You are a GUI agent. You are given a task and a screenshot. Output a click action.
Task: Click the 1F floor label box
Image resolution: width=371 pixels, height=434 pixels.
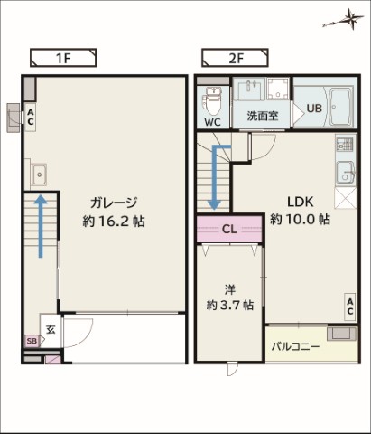(x=63, y=58)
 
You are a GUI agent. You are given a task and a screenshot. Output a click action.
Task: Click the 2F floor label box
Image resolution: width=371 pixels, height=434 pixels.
(x=235, y=58)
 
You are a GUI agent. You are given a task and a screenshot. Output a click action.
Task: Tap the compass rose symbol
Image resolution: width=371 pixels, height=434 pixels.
(x=346, y=20)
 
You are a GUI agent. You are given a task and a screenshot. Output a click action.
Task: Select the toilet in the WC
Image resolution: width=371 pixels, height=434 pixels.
(x=213, y=101)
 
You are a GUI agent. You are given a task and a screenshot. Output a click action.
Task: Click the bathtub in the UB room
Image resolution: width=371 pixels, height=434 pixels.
(x=341, y=108)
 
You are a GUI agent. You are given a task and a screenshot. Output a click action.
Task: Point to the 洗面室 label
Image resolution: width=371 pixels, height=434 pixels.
(x=263, y=116)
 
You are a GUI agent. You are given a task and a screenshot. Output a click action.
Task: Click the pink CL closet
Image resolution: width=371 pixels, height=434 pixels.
(x=229, y=229)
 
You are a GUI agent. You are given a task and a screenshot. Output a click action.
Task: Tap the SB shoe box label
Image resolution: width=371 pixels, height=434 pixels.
(x=32, y=341)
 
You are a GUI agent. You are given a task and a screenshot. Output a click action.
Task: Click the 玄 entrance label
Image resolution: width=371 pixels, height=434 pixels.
(x=51, y=330)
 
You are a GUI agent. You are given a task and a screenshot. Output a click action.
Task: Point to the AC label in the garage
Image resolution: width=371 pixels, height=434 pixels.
(x=31, y=117)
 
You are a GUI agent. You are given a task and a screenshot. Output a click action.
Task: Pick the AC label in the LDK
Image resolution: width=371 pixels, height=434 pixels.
(x=349, y=307)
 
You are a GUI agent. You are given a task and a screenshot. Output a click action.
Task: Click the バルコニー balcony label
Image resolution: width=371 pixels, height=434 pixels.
(x=295, y=346)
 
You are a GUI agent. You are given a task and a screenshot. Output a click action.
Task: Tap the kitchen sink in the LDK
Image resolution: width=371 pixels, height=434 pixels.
(x=345, y=173)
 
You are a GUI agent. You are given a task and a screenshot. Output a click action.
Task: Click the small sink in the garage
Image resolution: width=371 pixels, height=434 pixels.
(x=39, y=175)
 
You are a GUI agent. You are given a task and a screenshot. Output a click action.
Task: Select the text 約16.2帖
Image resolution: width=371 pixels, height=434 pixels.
(x=114, y=222)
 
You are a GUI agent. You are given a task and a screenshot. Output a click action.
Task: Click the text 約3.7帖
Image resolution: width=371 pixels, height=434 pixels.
(x=230, y=306)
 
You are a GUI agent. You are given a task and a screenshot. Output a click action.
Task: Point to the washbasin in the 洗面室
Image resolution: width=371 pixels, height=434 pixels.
(x=249, y=90)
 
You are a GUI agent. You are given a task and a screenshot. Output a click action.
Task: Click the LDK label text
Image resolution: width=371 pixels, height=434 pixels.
(x=301, y=202)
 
